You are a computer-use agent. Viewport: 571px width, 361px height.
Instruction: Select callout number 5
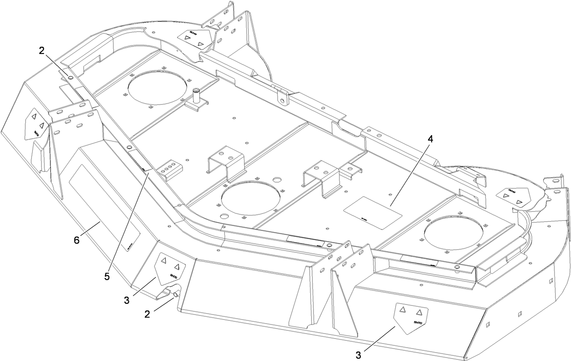107,276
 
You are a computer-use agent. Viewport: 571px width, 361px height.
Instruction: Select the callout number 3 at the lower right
359,355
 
